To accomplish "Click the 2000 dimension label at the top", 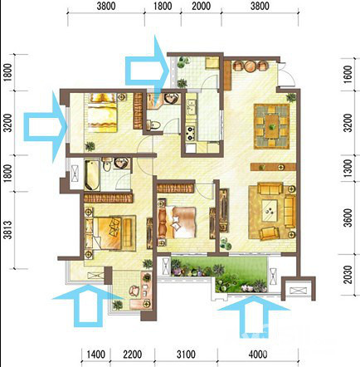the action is [201, 6].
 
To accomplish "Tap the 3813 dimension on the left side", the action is [8, 230].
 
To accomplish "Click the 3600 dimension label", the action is [348, 218].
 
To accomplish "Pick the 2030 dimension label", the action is [348, 275].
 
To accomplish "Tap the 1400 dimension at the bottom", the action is [96, 355].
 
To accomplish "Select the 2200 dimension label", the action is [133, 355].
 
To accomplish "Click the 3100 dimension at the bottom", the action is [186, 355].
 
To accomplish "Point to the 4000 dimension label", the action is [258, 355].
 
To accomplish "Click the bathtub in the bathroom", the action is [92, 175].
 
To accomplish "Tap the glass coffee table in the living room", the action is [270, 211].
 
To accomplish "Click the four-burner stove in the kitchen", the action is [190, 133].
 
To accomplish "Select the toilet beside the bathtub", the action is [107, 165].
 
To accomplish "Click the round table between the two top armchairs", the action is [250, 66].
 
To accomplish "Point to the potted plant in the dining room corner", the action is [291, 97].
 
